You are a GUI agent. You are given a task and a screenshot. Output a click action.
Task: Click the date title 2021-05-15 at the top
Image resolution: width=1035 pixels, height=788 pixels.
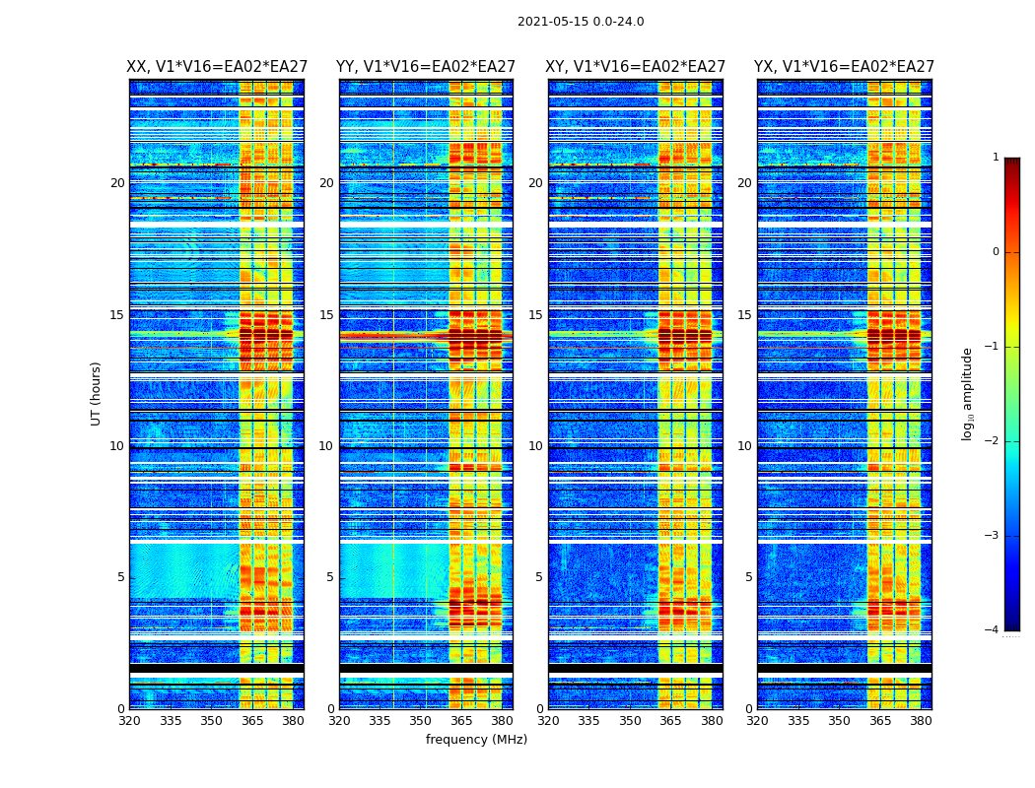click(581, 22)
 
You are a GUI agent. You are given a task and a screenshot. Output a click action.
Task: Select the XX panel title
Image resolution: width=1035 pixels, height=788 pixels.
click(217, 67)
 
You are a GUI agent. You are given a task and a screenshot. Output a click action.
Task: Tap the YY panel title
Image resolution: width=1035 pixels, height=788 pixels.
click(426, 67)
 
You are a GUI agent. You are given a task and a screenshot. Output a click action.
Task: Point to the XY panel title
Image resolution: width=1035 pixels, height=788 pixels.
click(636, 67)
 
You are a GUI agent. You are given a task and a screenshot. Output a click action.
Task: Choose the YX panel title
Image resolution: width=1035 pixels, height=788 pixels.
click(844, 67)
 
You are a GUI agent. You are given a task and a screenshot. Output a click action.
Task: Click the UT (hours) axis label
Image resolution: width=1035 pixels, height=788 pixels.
click(97, 393)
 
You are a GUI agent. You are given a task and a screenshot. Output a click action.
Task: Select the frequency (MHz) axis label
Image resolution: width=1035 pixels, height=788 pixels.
click(476, 740)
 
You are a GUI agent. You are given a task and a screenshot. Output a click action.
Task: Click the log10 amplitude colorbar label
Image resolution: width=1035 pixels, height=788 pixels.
click(968, 393)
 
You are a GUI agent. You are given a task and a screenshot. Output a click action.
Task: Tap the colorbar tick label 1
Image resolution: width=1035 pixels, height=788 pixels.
click(996, 158)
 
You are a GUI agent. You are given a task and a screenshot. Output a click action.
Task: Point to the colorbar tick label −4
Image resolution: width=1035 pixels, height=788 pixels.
click(993, 630)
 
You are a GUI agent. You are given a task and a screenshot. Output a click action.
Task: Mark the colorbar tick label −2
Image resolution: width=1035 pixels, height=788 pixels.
click(993, 441)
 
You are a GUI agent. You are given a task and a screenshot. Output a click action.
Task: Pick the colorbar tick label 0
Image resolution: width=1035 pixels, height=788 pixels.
click(996, 252)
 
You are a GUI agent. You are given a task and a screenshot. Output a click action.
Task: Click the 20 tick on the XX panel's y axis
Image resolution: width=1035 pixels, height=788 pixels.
click(117, 183)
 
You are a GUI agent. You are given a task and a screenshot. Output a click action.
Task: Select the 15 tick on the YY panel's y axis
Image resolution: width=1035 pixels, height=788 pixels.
click(325, 315)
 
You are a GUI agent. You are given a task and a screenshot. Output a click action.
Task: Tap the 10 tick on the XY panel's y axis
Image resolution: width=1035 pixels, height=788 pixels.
click(535, 446)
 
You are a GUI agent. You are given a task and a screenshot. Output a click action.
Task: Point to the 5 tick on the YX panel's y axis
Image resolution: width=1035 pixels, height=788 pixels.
click(749, 577)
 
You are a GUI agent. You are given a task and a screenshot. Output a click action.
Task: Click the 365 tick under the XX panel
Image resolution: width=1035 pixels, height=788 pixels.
click(252, 721)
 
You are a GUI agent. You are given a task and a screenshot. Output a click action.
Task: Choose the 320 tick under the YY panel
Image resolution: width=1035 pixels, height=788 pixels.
click(339, 721)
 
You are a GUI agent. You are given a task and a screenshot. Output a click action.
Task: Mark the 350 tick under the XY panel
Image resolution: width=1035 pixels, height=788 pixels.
click(630, 721)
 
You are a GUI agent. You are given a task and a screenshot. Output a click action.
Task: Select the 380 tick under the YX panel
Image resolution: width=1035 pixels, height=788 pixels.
click(921, 721)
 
